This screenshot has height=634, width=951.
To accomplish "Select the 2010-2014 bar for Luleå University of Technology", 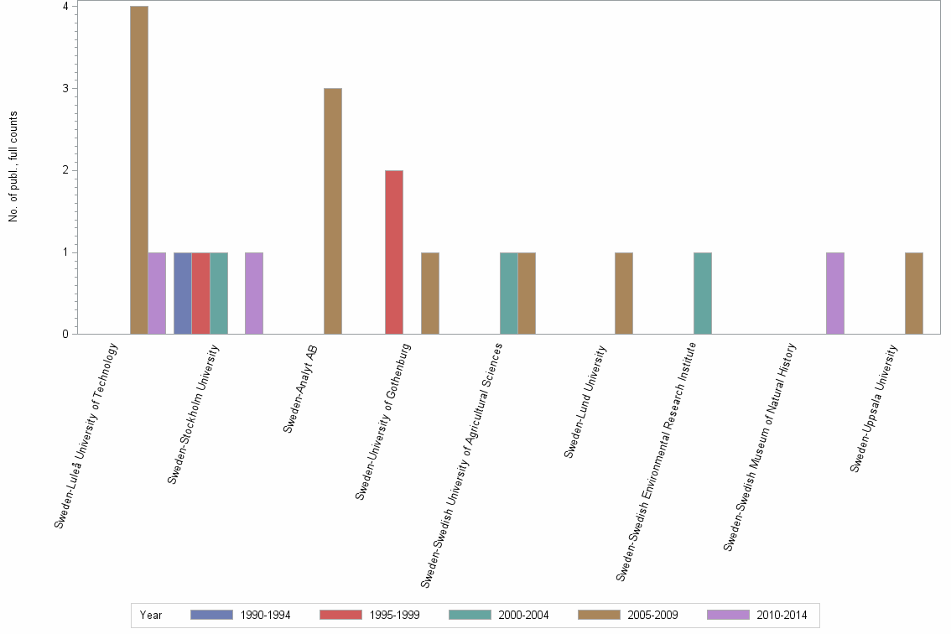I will (157, 294).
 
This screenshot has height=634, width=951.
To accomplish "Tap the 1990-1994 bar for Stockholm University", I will (183, 294).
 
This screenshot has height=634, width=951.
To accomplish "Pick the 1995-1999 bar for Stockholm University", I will (200, 294).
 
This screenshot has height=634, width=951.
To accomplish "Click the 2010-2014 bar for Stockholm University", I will (253, 294).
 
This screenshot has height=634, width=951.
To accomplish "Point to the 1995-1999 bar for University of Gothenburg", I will (394, 252).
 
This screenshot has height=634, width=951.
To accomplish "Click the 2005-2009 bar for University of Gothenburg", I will (429, 294).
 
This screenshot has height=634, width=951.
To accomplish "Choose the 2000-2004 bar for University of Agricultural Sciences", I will (509, 294).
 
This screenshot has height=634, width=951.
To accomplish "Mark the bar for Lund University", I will (623, 294).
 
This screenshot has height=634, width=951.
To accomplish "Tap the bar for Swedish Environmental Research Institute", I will (703, 294).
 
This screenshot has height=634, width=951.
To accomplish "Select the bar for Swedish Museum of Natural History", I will (835, 294).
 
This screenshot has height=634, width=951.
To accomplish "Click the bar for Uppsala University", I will (914, 294).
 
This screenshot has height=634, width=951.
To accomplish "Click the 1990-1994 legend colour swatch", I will (211, 615).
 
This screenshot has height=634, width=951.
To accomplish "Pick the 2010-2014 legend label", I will (782, 615).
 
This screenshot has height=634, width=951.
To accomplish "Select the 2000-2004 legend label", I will (523, 615).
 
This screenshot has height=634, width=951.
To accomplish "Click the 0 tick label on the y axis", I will (65, 335).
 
